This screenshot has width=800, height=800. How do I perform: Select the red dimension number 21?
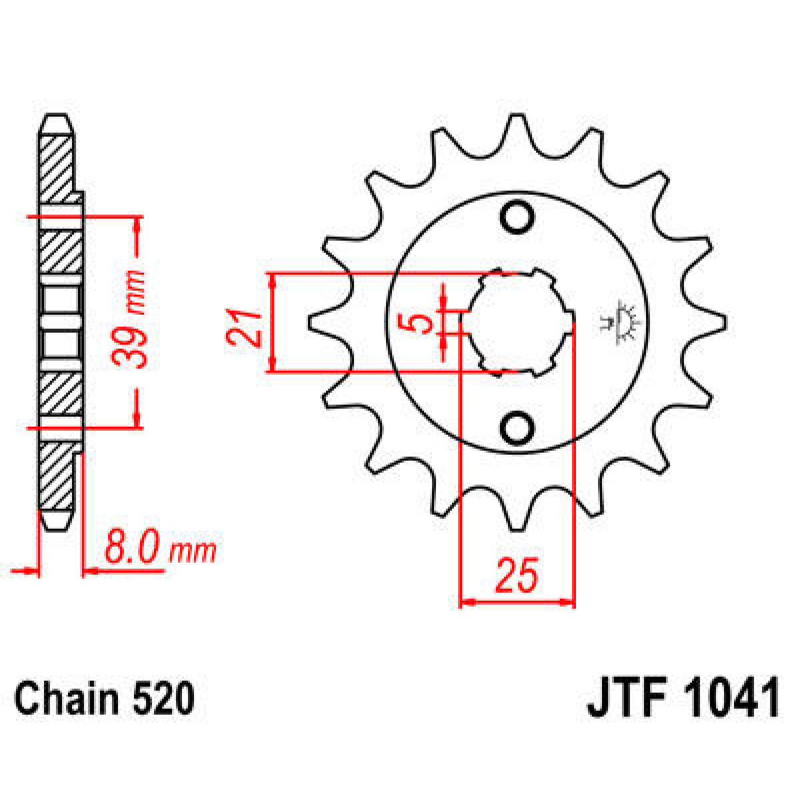tap(243, 327)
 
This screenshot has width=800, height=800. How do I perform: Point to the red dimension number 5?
tap(419, 324)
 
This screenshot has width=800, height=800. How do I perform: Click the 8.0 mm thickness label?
tap(160, 551)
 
